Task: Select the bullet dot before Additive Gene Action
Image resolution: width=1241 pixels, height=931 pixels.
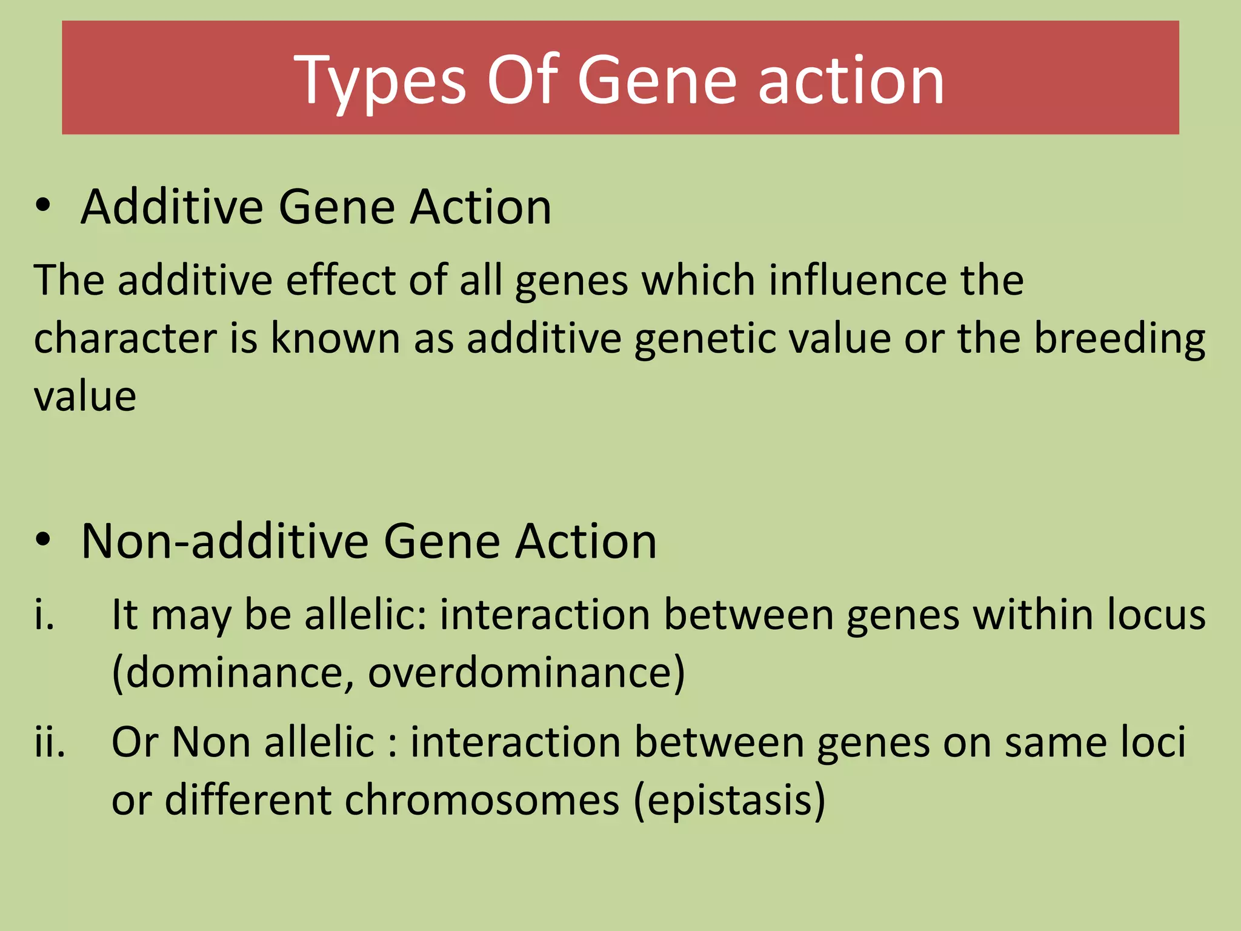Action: (x=42, y=206)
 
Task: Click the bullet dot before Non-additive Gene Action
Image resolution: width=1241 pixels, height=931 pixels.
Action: (x=42, y=540)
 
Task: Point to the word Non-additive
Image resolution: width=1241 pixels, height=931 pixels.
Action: (x=225, y=541)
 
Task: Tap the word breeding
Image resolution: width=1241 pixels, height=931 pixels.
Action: (x=1119, y=339)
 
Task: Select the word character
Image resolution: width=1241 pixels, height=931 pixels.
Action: (x=125, y=338)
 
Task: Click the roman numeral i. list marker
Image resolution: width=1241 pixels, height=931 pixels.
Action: (x=44, y=615)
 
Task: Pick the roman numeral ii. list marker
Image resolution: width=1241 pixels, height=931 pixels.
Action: (x=50, y=742)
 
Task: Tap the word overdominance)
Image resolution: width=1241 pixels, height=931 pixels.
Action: (x=526, y=673)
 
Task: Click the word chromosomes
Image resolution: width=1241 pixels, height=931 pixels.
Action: (x=482, y=800)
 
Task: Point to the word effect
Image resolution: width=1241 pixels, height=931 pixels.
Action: (x=341, y=281)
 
